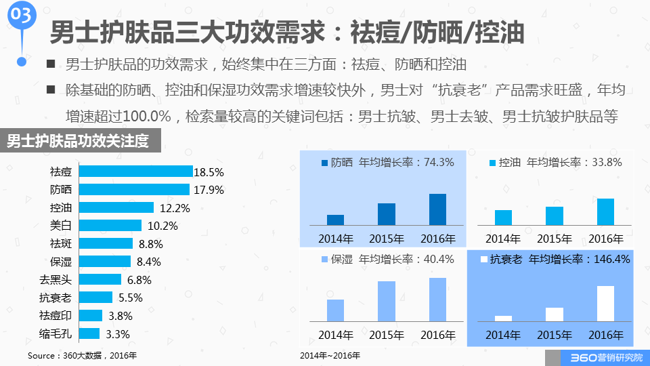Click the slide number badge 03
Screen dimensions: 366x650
22,16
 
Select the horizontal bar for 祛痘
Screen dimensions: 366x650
135,171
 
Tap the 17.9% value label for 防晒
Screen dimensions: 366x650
208,190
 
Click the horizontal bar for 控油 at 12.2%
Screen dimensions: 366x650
117,207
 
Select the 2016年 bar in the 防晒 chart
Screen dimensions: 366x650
437,209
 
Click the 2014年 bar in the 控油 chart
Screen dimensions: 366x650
503,217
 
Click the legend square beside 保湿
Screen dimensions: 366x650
324,260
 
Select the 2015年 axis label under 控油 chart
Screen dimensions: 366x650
555,239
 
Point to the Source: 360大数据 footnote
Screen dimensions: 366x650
82,355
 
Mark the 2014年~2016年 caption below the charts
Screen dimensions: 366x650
330,355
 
